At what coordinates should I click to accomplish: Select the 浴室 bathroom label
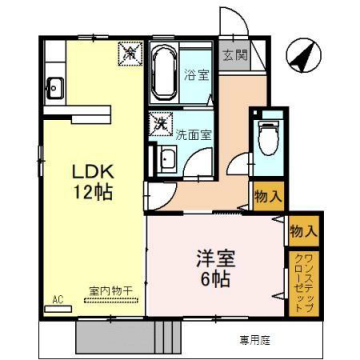point(195,75)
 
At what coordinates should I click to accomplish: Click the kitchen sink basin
point(54,87)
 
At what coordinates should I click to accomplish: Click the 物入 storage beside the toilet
point(267,197)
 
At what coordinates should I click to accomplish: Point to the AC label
point(57,299)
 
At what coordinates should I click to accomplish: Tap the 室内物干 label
point(111,290)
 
